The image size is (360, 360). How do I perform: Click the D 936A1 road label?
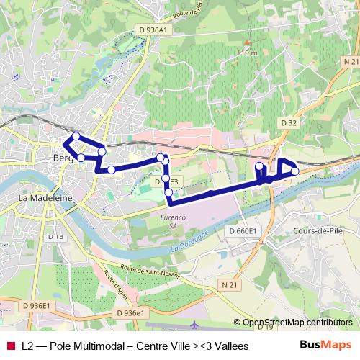tap(151, 30)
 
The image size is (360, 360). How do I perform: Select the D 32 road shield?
tap(289, 123)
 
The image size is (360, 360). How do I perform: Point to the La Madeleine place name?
tap(42, 197)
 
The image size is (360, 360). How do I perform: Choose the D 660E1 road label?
tap(243, 231)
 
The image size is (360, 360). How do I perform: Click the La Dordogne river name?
tap(192, 240)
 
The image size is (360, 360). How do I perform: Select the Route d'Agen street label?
tap(115, 284)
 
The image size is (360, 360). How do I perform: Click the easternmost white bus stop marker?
tap(294, 171)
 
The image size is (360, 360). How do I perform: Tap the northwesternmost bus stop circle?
tap(76, 136)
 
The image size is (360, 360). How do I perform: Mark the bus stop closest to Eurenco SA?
tap(168, 192)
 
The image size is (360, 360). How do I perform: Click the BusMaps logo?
tap(325, 346)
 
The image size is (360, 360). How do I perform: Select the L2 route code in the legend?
tap(28, 346)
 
